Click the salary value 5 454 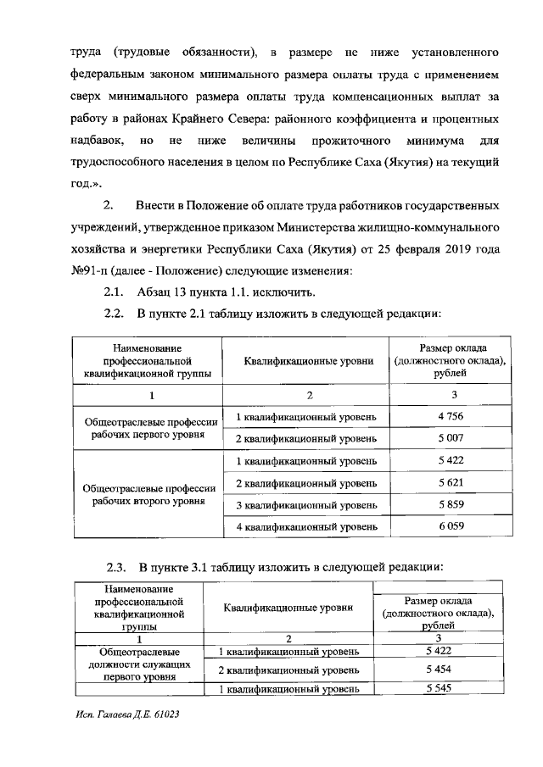coord(438,670)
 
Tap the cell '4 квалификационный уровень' coord(305,527)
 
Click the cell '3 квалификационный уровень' coord(305,505)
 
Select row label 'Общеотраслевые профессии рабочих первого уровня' coord(152,428)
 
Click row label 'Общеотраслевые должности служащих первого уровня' coord(139,665)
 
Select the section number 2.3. coord(117,567)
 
